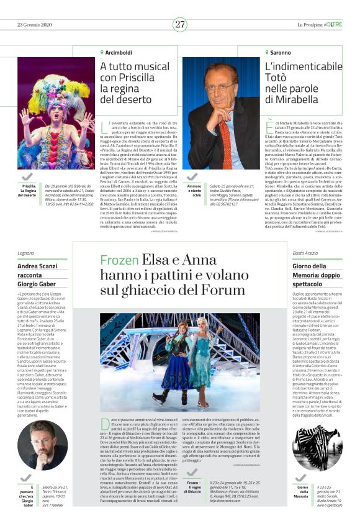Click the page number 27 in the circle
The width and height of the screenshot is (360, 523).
pyautogui.click(x=179, y=24)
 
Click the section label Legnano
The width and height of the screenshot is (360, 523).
pyautogui.click(x=27, y=253)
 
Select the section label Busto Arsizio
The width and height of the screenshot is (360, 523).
pyautogui.click(x=308, y=253)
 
